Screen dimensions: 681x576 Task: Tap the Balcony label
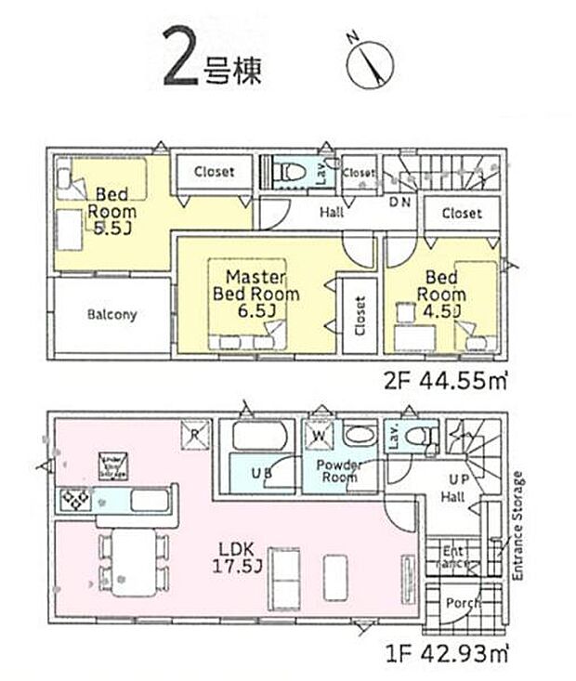coord(112,314)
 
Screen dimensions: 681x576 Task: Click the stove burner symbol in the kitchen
coord(72,502)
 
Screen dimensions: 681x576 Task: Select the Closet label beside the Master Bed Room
coord(359,314)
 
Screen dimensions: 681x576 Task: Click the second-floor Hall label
coord(332,213)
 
